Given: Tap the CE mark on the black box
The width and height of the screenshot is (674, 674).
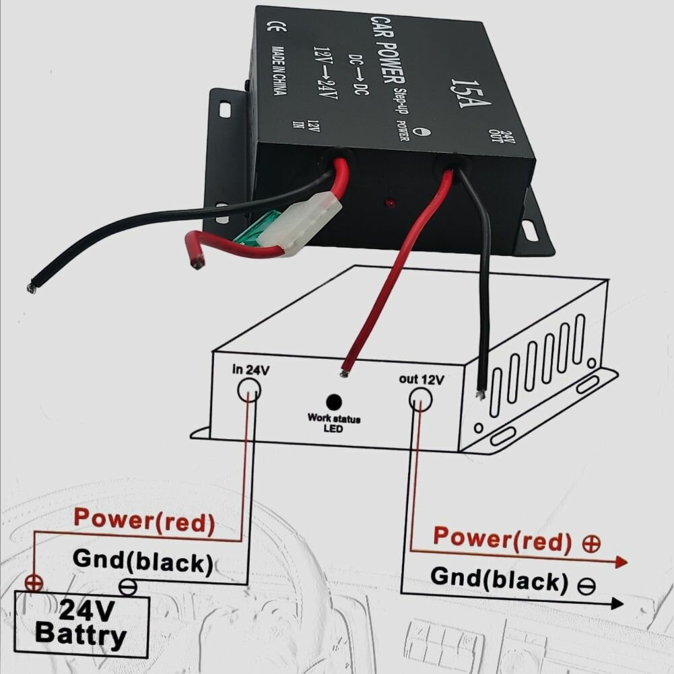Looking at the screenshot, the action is tap(275, 27).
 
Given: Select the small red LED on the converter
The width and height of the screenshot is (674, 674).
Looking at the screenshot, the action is tap(389, 203).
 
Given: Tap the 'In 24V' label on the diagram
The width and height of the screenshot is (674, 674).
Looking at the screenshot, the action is tap(247, 369).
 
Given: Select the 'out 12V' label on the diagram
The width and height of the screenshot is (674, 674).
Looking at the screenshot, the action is tap(421, 379).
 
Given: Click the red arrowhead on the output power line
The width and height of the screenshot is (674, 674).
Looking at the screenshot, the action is tap(620, 562).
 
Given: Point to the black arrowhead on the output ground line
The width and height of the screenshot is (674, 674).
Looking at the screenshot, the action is tap(616, 603).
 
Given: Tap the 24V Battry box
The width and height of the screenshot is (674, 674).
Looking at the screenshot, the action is tap(81, 623).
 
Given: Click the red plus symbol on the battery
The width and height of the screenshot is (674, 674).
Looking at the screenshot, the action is tap(31, 582).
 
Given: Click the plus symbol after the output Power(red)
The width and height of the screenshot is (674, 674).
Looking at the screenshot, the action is tap(591, 544).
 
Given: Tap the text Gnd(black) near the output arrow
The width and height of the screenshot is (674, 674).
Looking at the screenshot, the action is tap(498, 578).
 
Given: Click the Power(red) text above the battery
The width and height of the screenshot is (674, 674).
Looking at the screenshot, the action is tap(144, 520).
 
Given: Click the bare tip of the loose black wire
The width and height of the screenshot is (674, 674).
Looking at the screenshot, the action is tap(31, 288).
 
